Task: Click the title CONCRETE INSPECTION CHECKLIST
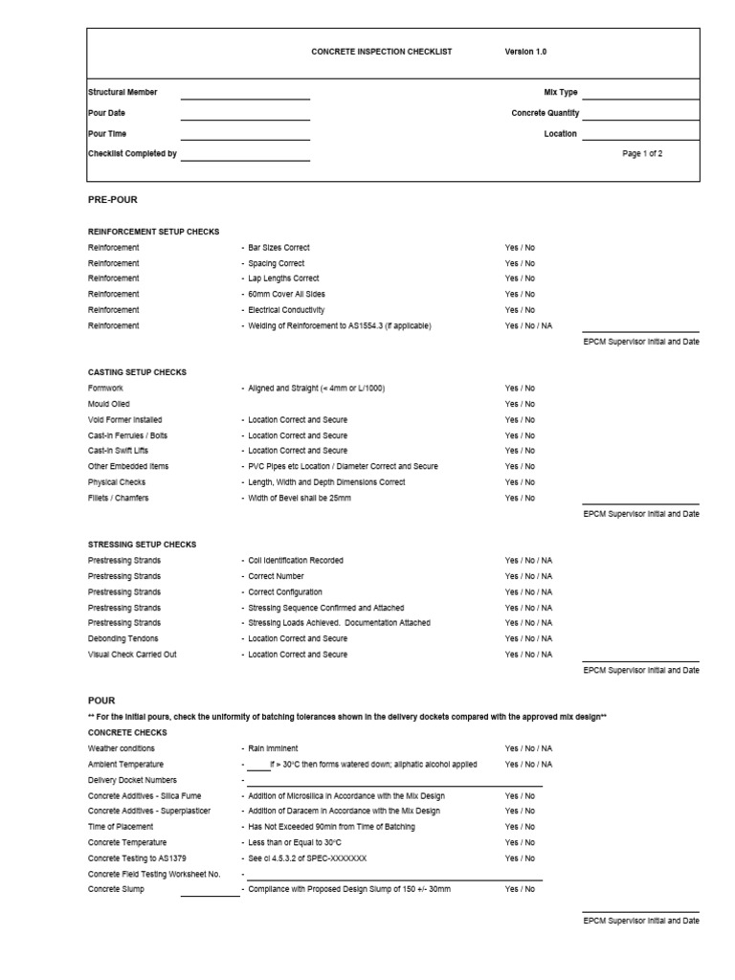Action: [x=381, y=52]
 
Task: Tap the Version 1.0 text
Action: [x=525, y=52]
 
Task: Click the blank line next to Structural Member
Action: [x=245, y=97]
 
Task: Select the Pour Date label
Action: [x=106, y=113]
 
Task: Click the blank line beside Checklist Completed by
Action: [x=245, y=158]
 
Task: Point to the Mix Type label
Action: [x=560, y=93]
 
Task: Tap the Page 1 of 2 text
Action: [x=642, y=153]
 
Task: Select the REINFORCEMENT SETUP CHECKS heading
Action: [x=153, y=232]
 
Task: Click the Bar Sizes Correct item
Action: [x=278, y=248]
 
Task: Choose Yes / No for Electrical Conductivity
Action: [x=520, y=310]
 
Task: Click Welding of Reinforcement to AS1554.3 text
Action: [x=340, y=326]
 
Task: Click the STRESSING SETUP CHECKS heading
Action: [x=142, y=545]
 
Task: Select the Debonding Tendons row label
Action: [x=123, y=638]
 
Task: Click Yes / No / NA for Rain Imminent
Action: [x=528, y=748]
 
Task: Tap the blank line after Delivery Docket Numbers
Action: [x=394, y=784]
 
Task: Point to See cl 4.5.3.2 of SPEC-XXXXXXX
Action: [x=307, y=858]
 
